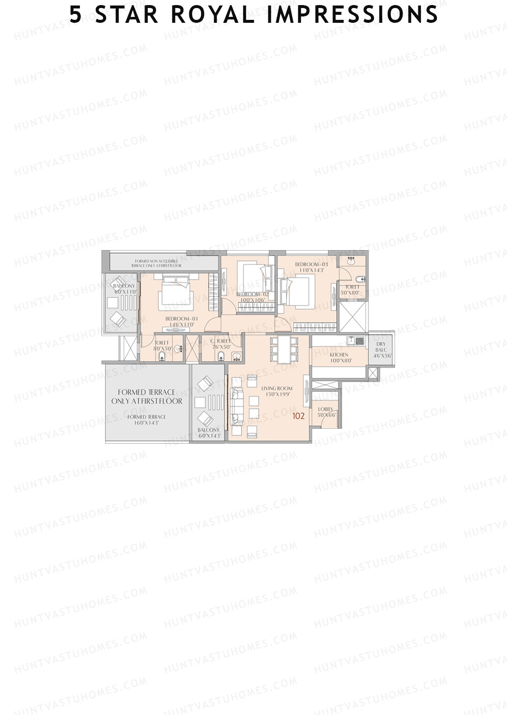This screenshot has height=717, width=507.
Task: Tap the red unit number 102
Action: tap(298, 416)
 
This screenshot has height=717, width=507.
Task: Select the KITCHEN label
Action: tap(339, 355)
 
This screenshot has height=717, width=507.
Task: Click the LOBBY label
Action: tap(325, 409)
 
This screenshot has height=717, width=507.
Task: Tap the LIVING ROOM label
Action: tap(277, 388)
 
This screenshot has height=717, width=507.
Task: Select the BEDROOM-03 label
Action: tap(311, 264)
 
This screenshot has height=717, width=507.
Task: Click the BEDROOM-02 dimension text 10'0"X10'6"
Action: tap(252, 300)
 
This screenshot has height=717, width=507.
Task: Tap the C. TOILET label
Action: tap(221, 341)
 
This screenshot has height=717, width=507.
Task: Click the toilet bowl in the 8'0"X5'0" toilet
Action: tap(161, 357)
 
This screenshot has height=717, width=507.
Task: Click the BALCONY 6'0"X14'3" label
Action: tap(208, 433)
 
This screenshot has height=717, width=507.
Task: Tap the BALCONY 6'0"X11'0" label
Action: tap(124, 289)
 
